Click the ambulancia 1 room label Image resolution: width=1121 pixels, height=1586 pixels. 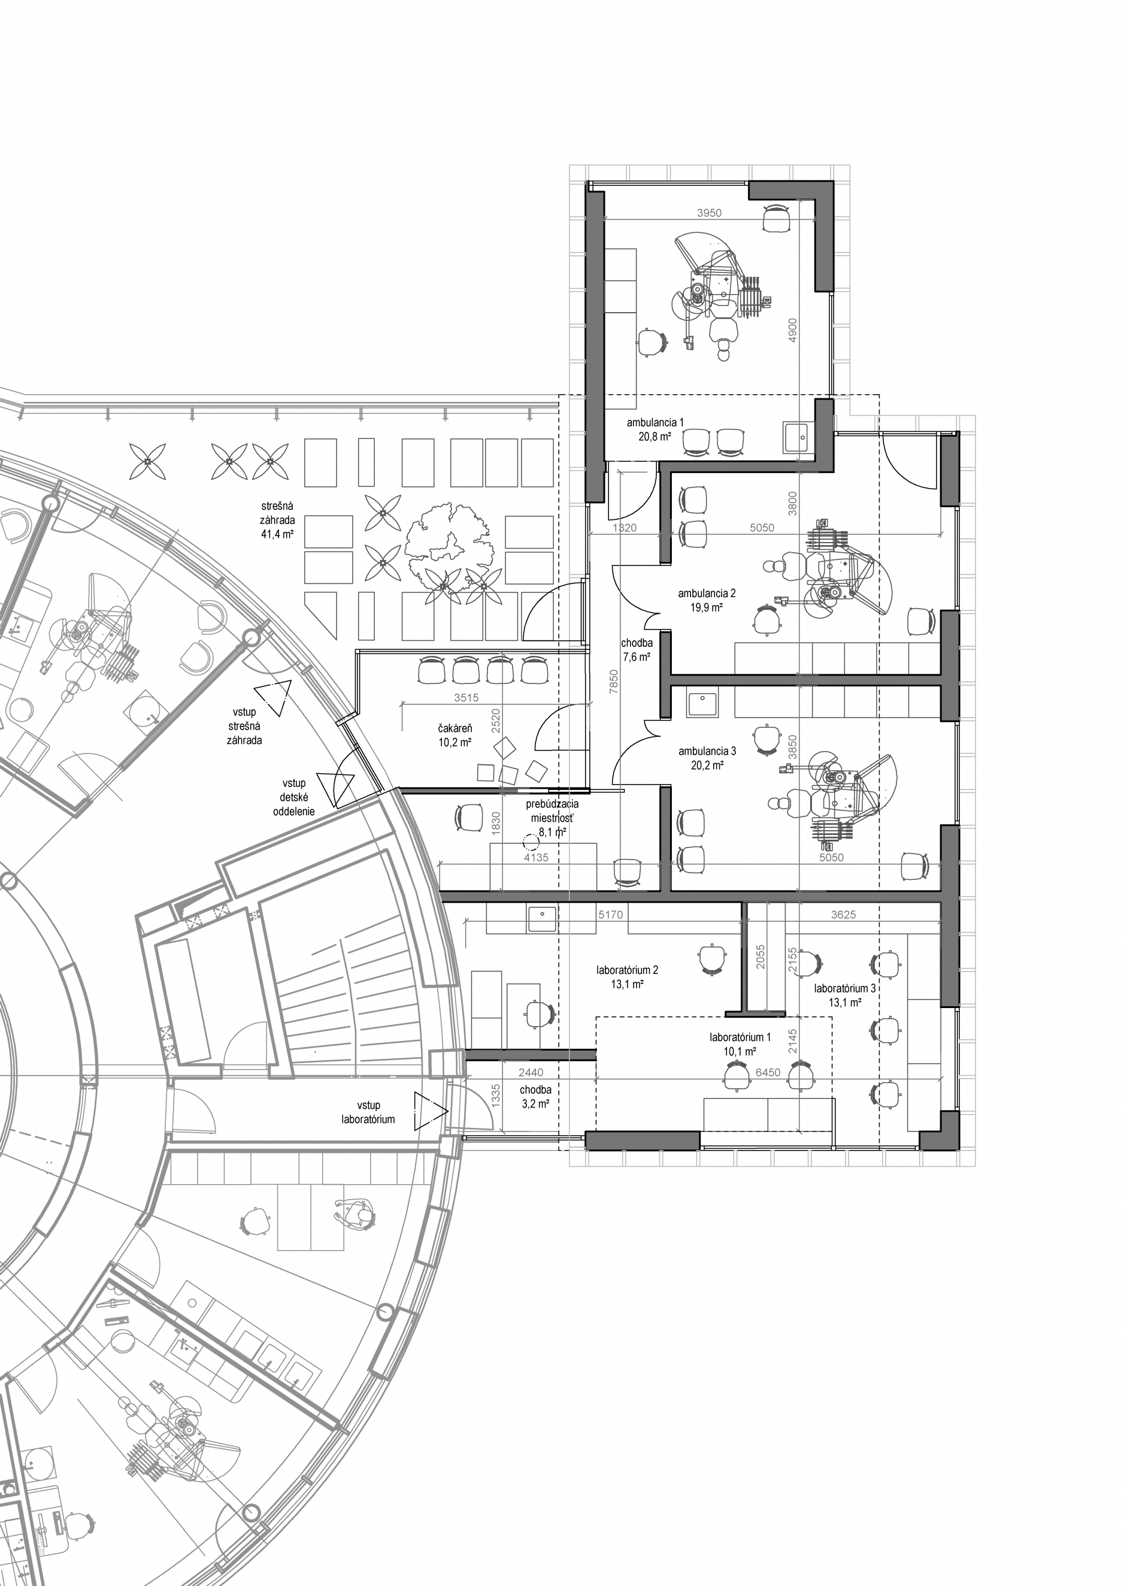pos(655,422)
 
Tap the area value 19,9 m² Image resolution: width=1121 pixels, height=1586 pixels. pos(707,608)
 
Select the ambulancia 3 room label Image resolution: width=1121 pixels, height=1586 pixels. pos(707,751)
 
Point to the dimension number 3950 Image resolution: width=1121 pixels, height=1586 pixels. pos(708,213)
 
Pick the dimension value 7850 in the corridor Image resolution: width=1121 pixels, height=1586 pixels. pos(614,682)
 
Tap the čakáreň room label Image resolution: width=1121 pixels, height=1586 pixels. pos(455,728)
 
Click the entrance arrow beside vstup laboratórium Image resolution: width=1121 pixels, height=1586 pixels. pos(431,1111)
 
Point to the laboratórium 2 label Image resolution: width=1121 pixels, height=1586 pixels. pos(627,970)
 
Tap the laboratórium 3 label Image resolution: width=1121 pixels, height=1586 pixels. pos(845,988)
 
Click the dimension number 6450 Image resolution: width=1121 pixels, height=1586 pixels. pos(768,1073)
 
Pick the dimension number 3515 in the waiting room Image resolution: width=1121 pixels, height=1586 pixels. pos(466,698)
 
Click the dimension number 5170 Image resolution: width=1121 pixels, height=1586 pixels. pos(611,915)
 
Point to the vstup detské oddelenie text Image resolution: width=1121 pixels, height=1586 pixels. pos(293,797)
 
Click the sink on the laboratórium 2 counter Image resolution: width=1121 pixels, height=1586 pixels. pos(542,919)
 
